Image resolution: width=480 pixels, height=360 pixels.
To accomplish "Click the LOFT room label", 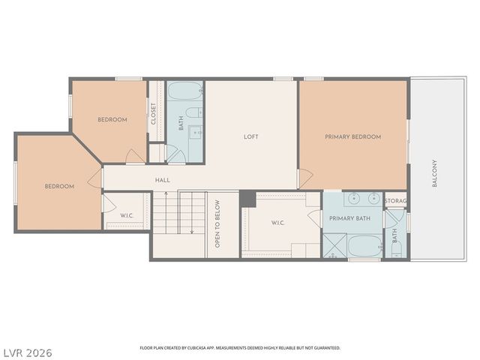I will coord(251,136).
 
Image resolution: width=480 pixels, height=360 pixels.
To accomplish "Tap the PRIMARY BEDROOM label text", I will coord(352,136).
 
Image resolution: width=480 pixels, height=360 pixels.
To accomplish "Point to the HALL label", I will coord(163,180).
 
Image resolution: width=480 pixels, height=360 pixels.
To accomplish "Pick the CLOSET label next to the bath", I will coord(154,114).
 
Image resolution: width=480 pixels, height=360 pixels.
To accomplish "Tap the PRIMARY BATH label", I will coord(349,218).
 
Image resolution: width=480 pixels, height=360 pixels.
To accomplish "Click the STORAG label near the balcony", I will coord(395,201).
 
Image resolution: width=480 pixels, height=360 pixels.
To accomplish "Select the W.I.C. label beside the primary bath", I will coord(277,222).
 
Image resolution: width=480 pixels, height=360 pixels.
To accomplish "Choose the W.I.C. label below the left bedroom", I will coord(127,216).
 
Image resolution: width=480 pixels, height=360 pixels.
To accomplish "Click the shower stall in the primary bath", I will coord(334,245).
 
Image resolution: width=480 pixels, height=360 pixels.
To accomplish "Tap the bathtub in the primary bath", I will coord(364,245).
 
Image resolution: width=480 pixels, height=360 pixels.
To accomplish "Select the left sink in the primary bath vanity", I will coord(355,199).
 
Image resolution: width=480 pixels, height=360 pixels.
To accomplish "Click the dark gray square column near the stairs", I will coord(247,199).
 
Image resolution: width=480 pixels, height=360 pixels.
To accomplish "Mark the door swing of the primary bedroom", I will coord(305,178).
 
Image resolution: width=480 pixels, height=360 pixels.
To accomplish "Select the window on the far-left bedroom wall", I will coord(16,182).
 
